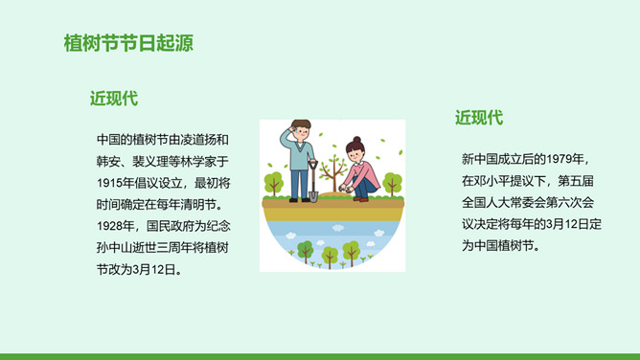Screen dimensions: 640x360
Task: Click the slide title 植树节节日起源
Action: pos(128,43)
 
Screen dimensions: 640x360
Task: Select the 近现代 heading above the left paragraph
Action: pos(114,99)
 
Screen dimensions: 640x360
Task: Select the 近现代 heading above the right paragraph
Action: pos(479,118)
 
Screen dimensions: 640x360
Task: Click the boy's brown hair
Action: pos(301,124)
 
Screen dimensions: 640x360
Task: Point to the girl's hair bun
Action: pos(356,140)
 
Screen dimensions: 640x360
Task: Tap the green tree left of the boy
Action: pos(273,184)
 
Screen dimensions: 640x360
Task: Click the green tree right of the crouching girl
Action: pos(392,184)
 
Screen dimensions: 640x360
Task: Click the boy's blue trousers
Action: pos(299,184)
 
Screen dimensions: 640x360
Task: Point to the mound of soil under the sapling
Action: pos(334,195)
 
